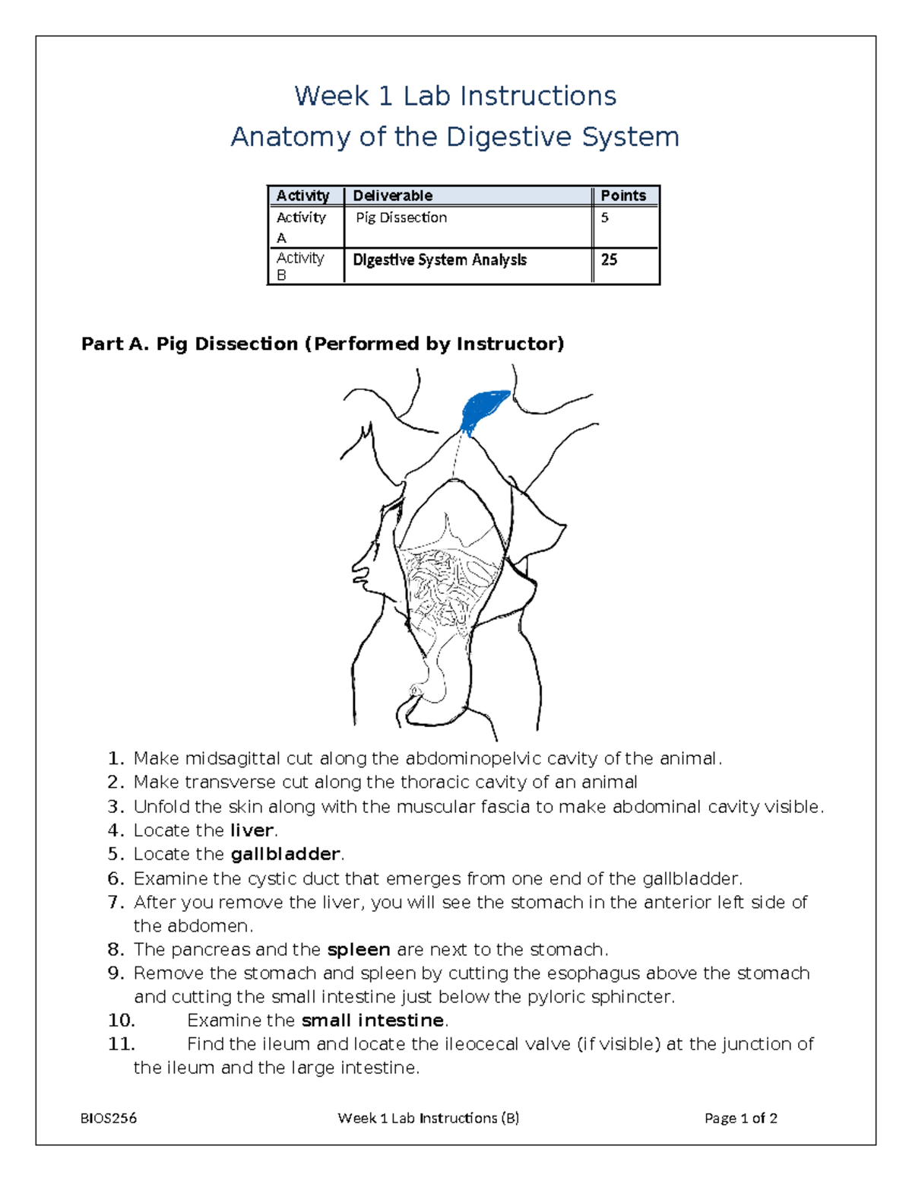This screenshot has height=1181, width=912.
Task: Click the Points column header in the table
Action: (x=623, y=195)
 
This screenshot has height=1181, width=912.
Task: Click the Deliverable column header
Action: (x=392, y=195)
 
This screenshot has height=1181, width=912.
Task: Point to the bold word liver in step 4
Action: (x=251, y=830)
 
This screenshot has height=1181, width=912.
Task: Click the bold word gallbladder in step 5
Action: (x=284, y=854)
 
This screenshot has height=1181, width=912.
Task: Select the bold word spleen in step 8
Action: (x=358, y=950)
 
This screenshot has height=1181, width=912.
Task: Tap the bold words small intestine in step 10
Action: (x=372, y=1021)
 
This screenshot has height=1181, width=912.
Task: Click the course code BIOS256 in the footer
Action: (x=109, y=1118)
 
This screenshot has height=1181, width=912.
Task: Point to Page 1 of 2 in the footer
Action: (x=740, y=1118)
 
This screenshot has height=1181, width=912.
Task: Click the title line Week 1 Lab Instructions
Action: (x=455, y=97)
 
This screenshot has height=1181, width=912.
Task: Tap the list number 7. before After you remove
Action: (x=116, y=902)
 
